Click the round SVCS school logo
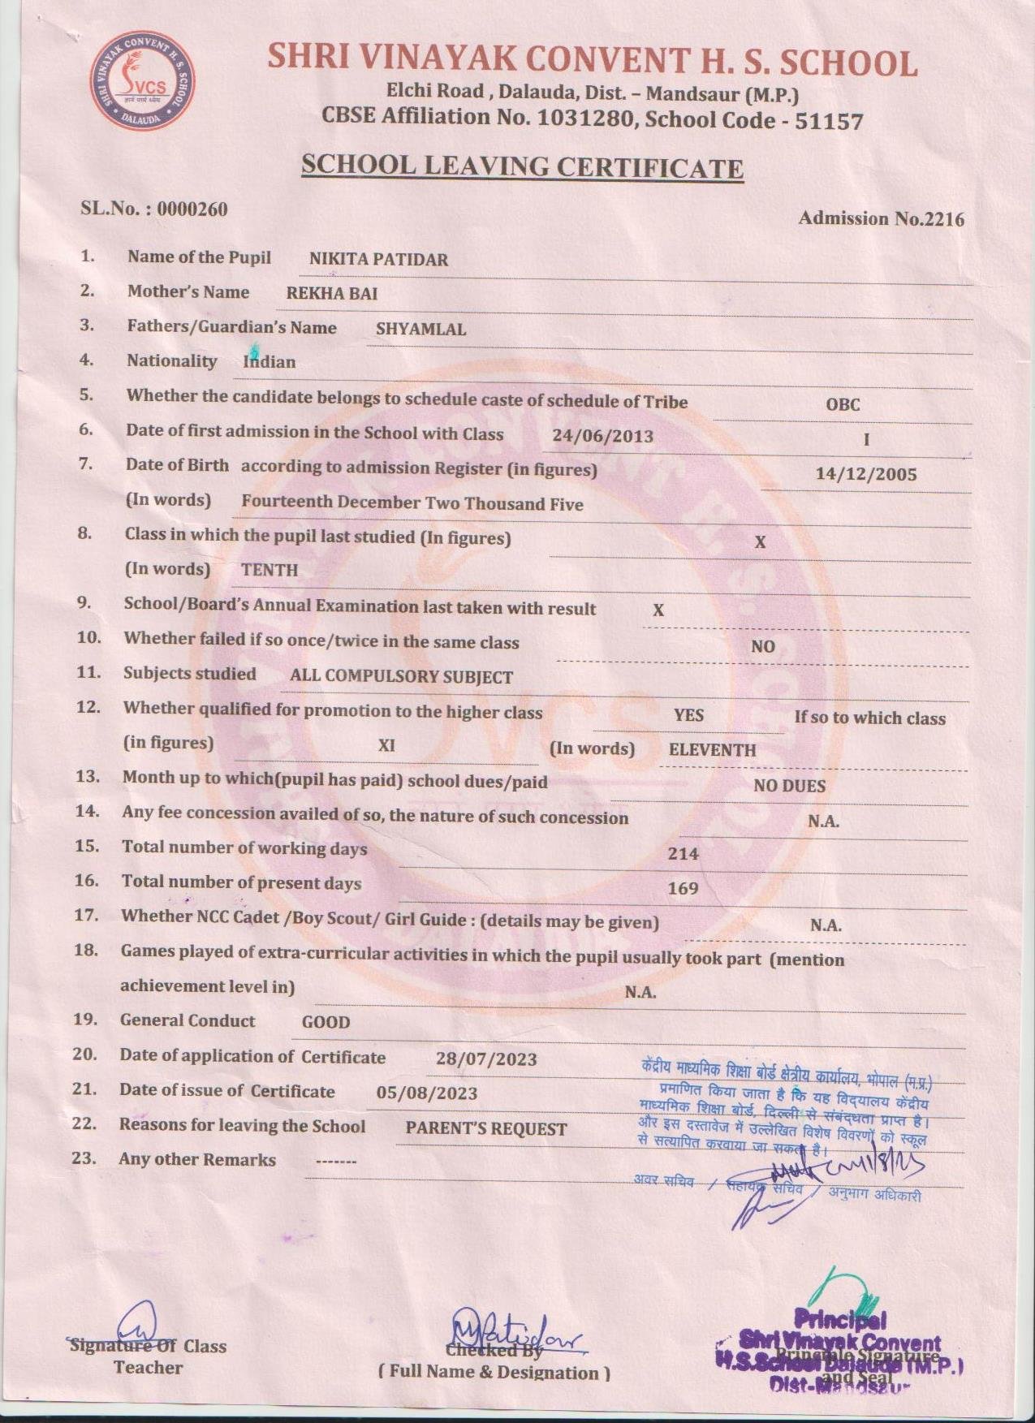(142, 81)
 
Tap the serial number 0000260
(192, 209)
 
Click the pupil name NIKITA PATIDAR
(378, 260)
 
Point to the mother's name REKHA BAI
(332, 294)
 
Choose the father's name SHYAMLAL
(420, 330)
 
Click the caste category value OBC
(843, 404)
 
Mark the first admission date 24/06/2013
(602, 436)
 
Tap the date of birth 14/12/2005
(866, 474)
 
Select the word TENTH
(270, 570)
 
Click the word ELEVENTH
(712, 750)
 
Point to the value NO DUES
(789, 786)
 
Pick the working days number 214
(683, 853)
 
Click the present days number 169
(683, 888)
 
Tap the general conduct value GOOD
(326, 1022)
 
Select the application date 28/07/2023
(486, 1059)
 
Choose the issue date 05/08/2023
(427, 1093)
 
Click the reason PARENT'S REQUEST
(486, 1129)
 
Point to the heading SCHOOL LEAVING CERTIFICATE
(522, 166)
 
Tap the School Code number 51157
(829, 122)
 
